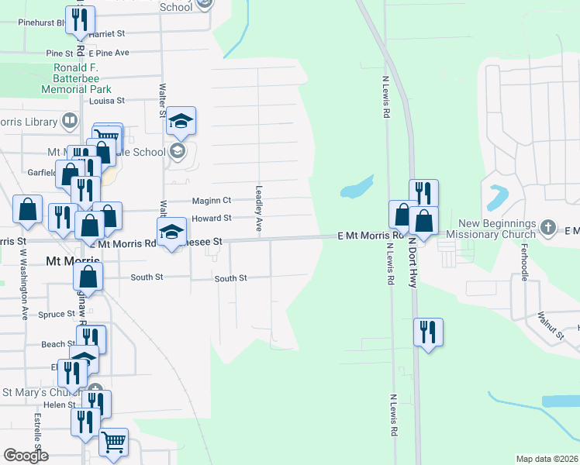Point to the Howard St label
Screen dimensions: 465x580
pos(212,219)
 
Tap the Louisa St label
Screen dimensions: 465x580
pos(107,101)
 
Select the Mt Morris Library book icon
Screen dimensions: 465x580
pos(70,121)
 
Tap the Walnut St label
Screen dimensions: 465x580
pos(551,326)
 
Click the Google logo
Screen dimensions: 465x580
pos(26,456)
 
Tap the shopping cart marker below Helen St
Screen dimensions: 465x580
pos(114,443)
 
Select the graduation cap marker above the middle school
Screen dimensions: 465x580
pos(181,120)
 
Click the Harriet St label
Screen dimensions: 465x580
pos(107,35)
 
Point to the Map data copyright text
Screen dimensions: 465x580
pos(546,459)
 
